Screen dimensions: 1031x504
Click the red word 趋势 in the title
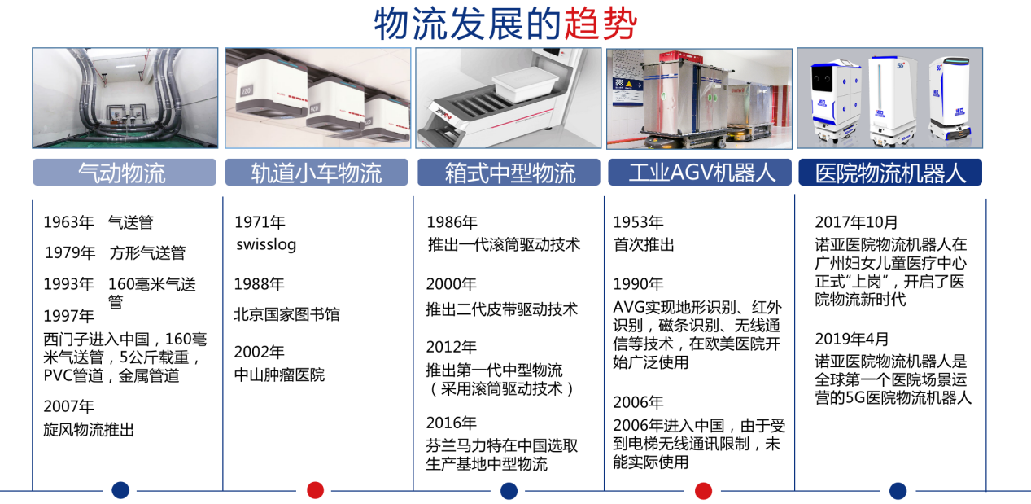(x=601, y=24)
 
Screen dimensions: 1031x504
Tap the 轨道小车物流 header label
(x=317, y=173)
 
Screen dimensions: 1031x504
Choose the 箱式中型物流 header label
(x=509, y=173)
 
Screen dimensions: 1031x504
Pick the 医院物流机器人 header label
(x=890, y=173)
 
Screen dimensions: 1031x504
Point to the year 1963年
(x=68, y=222)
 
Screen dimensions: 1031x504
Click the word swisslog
(x=266, y=244)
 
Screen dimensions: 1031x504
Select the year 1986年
(x=452, y=222)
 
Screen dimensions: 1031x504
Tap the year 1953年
(x=639, y=222)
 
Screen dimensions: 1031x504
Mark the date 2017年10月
(x=856, y=222)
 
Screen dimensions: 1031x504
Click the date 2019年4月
(x=851, y=339)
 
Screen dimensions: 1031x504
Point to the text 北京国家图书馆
(x=286, y=314)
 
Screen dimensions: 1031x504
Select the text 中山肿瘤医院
(x=279, y=375)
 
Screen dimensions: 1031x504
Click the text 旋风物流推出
(x=89, y=429)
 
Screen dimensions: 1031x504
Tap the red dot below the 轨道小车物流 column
(x=315, y=490)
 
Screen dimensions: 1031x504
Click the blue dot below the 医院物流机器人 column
(x=898, y=491)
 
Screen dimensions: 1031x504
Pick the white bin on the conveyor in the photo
(x=525, y=84)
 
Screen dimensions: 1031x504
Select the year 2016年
(x=452, y=423)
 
